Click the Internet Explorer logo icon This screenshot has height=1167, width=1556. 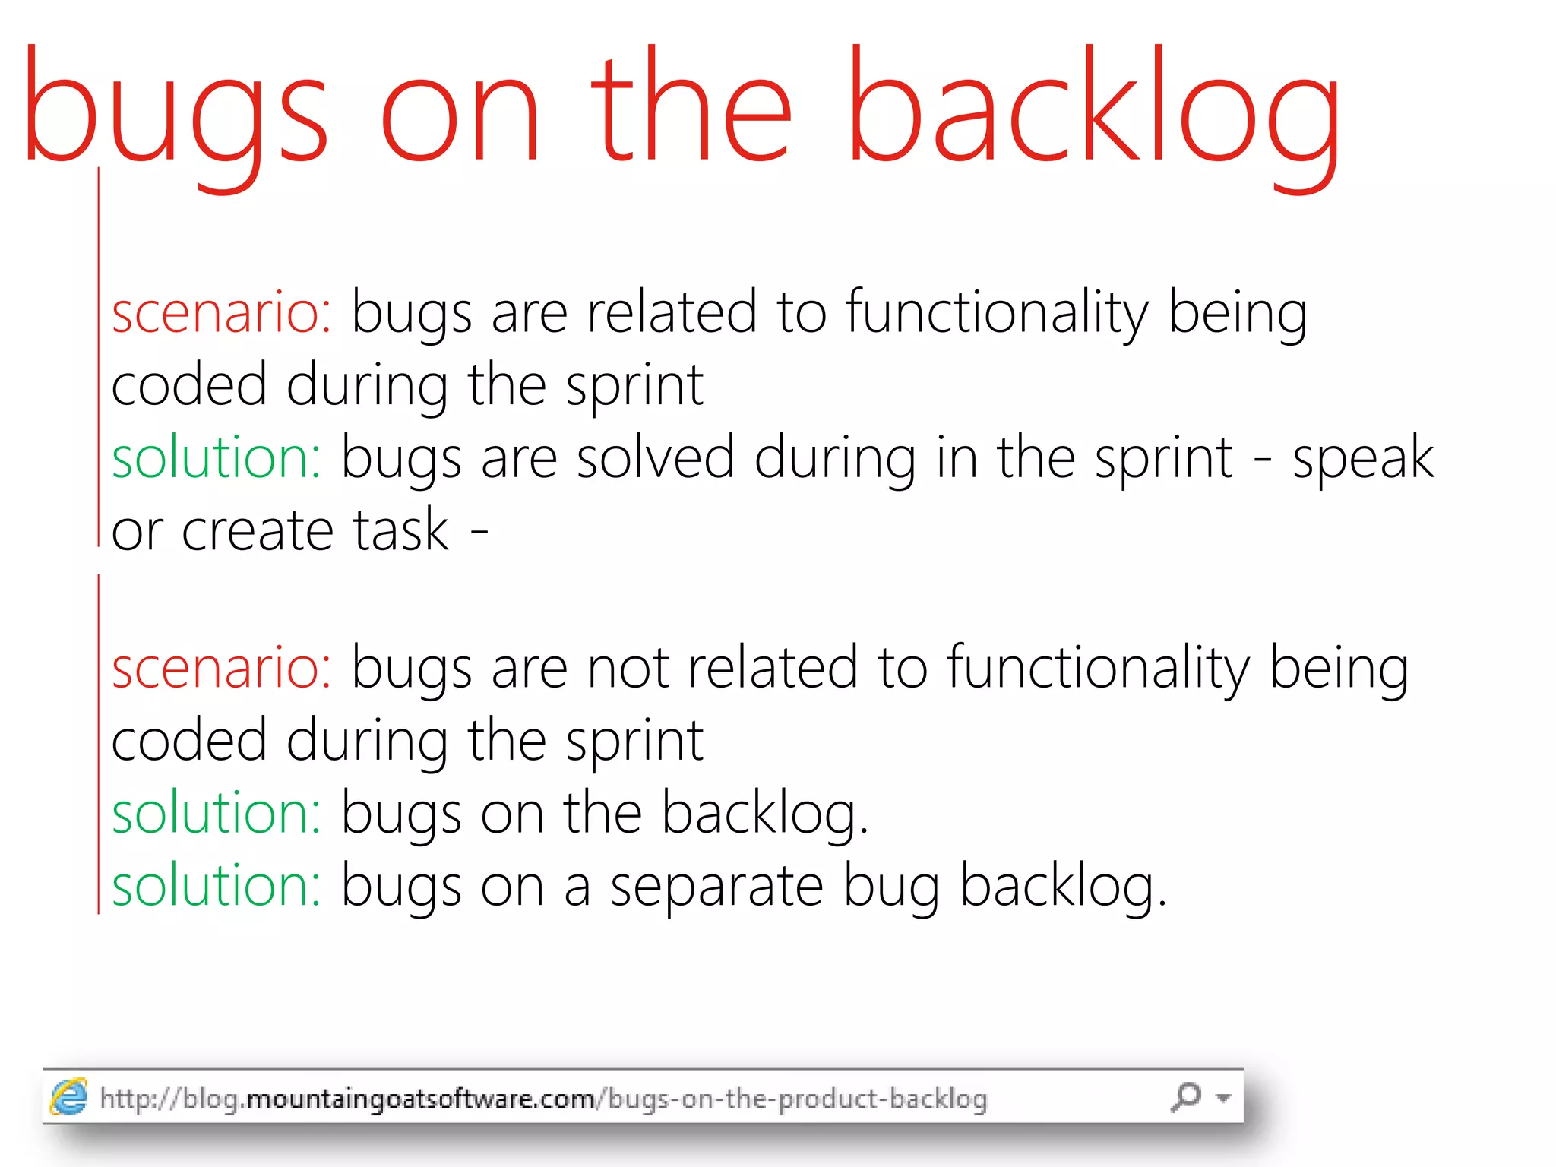[69, 1097]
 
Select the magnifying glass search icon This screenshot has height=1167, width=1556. [1186, 1096]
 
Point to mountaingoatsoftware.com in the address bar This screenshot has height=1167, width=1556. [421, 1099]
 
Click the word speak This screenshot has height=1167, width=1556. [1363, 459]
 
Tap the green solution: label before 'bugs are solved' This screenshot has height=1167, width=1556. [217, 458]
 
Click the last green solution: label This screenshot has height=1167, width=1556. [217, 886]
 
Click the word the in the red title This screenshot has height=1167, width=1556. [691, 106]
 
